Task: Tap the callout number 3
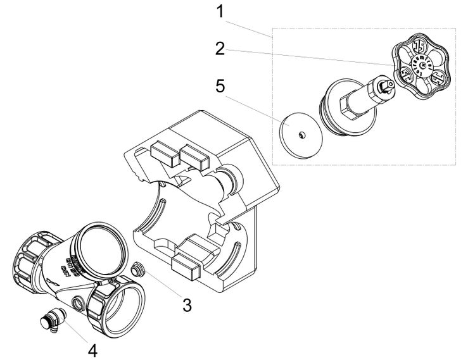pos(186,304)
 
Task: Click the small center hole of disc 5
pos(300,133)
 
